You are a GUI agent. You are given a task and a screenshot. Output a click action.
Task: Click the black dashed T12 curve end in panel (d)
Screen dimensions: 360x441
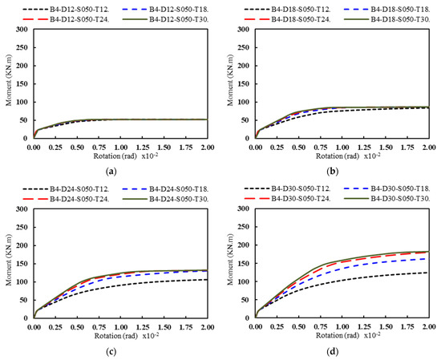pos(427,273)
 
